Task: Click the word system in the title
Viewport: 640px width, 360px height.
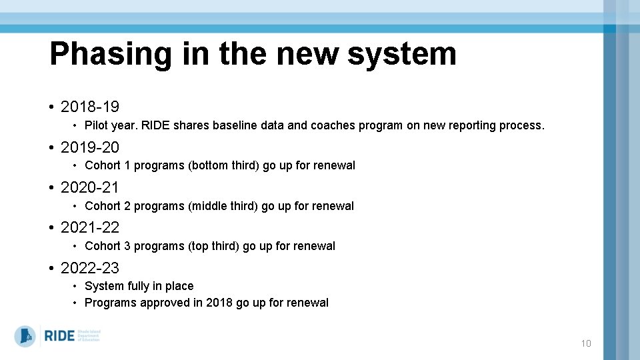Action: [x=401, y=55]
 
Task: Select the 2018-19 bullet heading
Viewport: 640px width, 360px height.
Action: [x=90, y=107]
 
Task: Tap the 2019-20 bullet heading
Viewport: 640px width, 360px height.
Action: [x=90, y=147]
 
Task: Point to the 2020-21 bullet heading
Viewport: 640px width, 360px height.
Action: [x=90, y=187]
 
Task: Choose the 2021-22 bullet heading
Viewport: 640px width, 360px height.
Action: [x=90, y=227]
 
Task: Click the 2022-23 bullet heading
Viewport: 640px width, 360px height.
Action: [x=90, y=268]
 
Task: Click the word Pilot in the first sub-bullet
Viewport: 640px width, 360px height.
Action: [x=97, y=125]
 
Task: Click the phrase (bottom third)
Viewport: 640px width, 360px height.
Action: [x=225, y=165]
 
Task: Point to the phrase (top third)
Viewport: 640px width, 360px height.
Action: [x=214, y=246]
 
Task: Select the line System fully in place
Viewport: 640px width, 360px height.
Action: [x=139, y=286]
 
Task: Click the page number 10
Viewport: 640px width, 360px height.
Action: [x=586, y=344]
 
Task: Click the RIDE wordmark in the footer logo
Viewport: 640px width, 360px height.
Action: [x=59, y=336]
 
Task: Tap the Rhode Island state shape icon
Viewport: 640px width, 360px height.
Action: [x=25, y=335]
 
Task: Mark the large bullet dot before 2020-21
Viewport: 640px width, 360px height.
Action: [x=51, y=188]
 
